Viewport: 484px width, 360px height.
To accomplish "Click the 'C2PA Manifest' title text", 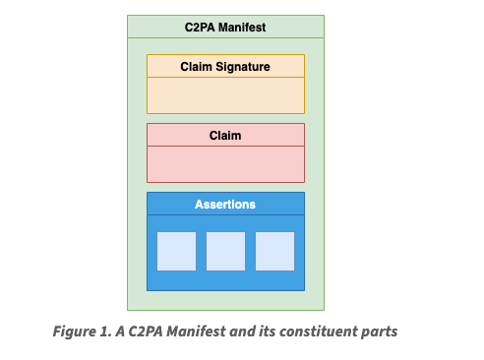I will [x=225, y=28].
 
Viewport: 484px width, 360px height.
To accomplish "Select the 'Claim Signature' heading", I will [x=225, y=67].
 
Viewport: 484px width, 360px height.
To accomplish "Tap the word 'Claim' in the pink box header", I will [x=225, y=135].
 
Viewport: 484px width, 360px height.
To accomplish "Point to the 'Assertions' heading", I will [x=225, y=204].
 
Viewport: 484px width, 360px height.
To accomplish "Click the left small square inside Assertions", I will [x=176, y=251].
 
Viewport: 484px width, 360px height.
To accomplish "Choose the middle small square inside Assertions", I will [x=225, y=251].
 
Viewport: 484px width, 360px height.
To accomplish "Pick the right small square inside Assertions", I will [x=274, y=251].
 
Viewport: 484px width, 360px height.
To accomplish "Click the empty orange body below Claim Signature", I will [x=225, y=95].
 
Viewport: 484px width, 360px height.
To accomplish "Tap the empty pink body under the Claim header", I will [x=225, y=163].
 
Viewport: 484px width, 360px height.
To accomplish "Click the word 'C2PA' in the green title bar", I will [x=201, y=28].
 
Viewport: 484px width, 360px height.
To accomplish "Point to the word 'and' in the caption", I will [x=239, y=331].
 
